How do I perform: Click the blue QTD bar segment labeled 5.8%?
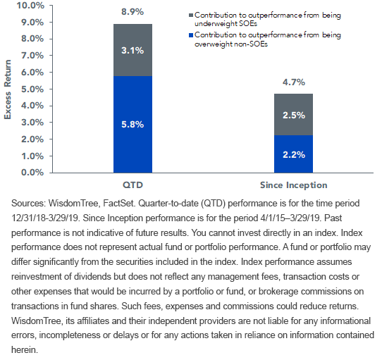coord(133,124)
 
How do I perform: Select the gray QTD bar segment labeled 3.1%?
coord(133,50)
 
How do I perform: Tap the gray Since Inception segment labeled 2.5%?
coord(294,114)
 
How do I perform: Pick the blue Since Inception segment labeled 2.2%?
coord(294,154)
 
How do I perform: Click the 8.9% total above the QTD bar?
coord(133,12)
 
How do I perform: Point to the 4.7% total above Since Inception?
coord(294,82)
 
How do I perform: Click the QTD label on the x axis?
coord(133,185)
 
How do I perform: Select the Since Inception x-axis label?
coord(294,185)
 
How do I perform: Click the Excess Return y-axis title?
coord(8,89)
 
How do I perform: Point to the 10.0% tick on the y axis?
coord(30,6)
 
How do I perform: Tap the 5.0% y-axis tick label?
coord(32,89)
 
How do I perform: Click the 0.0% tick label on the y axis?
coord(32,173)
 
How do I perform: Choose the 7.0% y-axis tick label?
coord(32,56)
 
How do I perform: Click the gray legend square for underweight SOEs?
coord(191,15)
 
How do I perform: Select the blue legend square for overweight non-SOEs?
coord(191,35)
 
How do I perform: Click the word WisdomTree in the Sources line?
coord(74,203)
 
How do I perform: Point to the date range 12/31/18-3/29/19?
coord(45,218)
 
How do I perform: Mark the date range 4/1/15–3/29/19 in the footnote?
coord(290,218)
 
